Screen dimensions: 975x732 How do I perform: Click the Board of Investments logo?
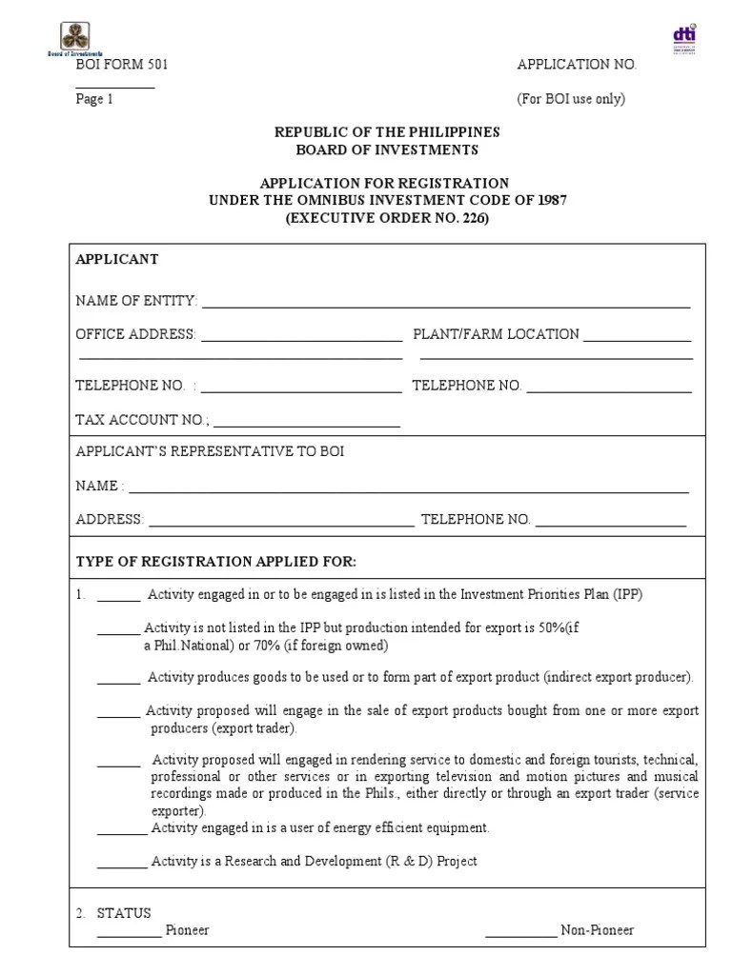click(x=75, y=38)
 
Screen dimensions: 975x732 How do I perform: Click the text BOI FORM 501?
click(x=115, y=65)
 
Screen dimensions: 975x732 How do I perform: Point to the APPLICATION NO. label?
click(x=577, y=65)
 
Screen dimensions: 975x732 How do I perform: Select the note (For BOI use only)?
click(x=571, y=99)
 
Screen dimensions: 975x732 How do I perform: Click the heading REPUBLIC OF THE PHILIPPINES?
click(x=387, y=132)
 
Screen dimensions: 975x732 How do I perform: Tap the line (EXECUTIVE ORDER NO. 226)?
click(x=387, y=218)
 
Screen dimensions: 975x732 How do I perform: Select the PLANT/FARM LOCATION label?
click(x=496, y=334)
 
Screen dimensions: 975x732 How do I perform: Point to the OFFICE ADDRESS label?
click(x=136, y=334)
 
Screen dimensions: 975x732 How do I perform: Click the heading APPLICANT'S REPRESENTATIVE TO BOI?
click(x=210, y=451)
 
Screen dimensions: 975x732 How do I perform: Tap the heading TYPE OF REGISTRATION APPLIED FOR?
click(x=215, y=561)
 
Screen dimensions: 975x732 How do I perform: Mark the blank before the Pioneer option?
click(x=129, y=934)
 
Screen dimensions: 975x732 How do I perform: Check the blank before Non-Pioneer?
click(x=520, y=934)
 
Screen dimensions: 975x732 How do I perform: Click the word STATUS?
click(x=124, y=913)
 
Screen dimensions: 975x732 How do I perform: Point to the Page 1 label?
click(x=94, y=99)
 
